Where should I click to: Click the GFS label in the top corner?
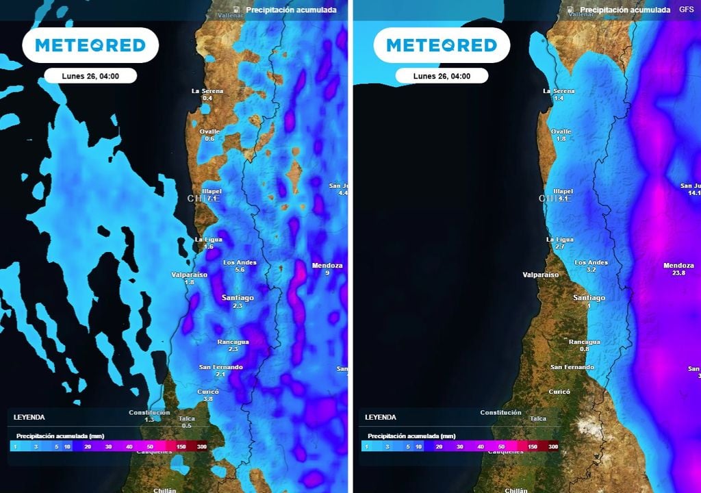point(686,10)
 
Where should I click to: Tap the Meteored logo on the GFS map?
point(442,45)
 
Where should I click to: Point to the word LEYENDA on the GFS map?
point(380,417)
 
